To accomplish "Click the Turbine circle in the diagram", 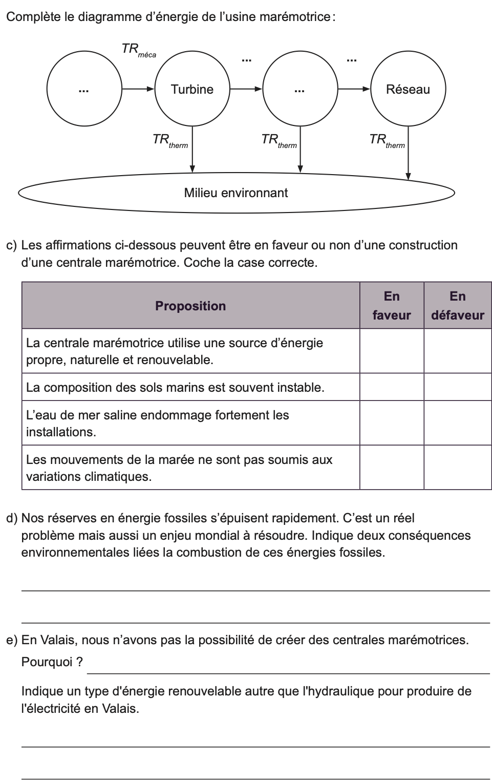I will coord(192,89).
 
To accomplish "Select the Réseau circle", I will coord(408,89).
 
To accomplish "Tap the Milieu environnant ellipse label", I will coord(236,193).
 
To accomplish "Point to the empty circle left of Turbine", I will coord(84,89).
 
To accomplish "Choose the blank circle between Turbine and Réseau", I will coord(300,89).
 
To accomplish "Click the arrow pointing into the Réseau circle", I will coord(354,89).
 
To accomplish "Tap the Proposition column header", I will coord(190,306).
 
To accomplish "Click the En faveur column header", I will coord(392,306).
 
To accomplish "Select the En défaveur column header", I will coord(458,306).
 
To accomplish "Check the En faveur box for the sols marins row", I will coord(392,387).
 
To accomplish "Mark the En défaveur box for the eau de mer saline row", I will coord(458,423).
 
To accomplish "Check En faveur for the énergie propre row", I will coord(392,351).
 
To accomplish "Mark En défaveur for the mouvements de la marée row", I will coord(458,468).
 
